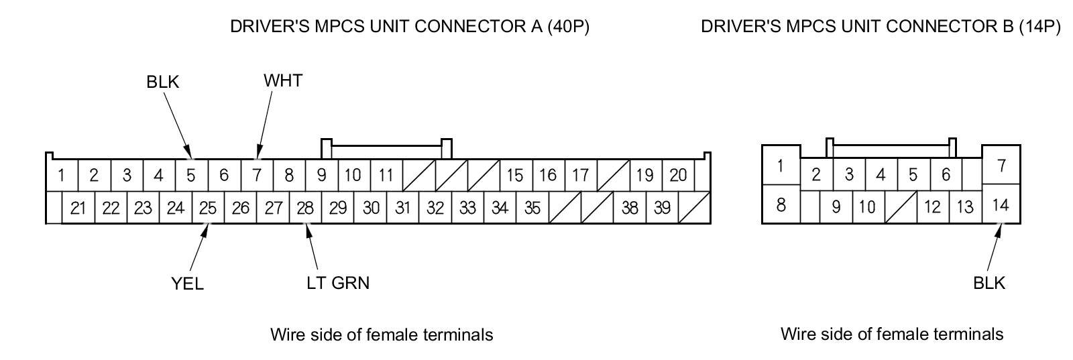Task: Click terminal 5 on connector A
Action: (191, 176)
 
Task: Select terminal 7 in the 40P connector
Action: (257, 176)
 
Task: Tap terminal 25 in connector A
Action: (208, 208)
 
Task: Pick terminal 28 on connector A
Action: (305, 208)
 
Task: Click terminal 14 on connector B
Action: (1000, 205)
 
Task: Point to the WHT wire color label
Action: (283, 81)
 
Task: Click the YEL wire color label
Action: (187, 284)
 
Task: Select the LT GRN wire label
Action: (338, 283)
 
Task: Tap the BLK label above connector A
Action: (163, 82)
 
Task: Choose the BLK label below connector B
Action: (989, 284)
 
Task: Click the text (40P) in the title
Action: (568, 27)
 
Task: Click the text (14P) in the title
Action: (1039, 27)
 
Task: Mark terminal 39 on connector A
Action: (662, 208)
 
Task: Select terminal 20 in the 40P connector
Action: (678, 176)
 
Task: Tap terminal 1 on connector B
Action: (780, 165)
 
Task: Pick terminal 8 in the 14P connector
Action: (781, 204)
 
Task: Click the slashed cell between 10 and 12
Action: (900, 206)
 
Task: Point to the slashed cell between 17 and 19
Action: (613, 176)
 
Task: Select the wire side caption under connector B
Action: (892, 334)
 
